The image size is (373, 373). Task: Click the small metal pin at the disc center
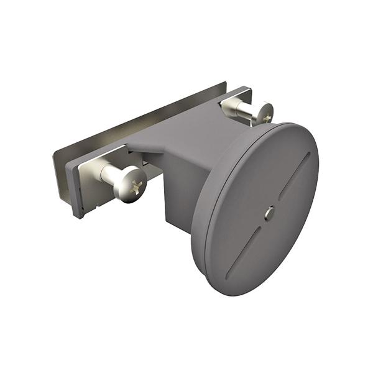(269, 213)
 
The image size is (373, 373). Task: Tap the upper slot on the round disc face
(294, 177)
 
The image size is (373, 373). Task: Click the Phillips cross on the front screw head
(136, 185)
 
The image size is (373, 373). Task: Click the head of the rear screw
(263, 113)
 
